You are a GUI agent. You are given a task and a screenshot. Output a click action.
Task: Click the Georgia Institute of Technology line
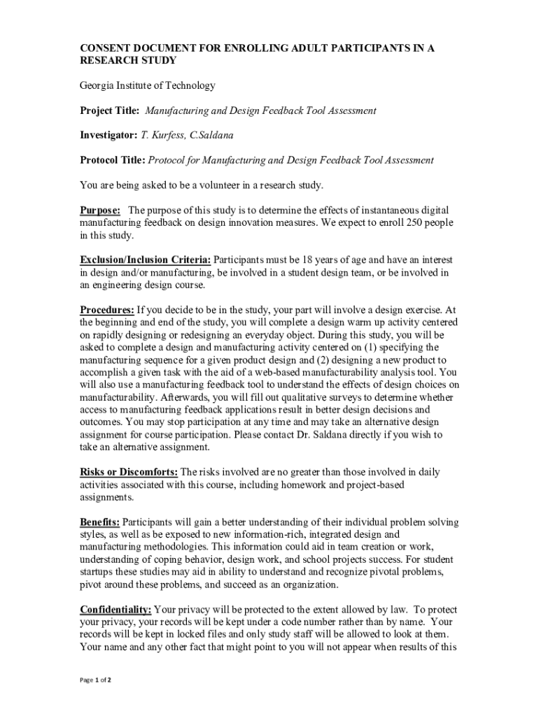pyautogui.click(x=148, y=86)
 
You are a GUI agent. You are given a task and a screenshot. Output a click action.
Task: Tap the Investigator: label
pyautogui.click(x=108, y=135)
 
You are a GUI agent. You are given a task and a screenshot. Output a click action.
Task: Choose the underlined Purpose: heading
pyautogui.click(x=100, y=210)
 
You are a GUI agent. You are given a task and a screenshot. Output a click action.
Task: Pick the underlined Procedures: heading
pyautogui.click(x=107, y=310)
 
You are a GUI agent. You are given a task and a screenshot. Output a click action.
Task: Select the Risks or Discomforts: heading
pyautogui.click(x=129, y=473)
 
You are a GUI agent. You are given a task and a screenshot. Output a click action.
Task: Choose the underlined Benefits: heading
pyautogui.click(x=99, y=522)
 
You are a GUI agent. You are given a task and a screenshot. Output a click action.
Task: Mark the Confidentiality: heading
pyautogui.click(x=115, y=610)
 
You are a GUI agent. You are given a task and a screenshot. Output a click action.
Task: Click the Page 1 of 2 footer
pyautogui.click(x=96, y=680)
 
